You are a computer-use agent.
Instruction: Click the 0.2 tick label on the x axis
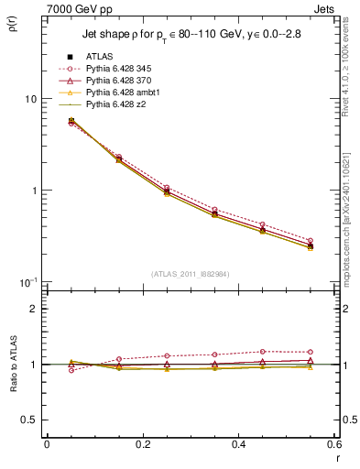[x=142, y=444]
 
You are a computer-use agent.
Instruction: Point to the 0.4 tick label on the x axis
[x=238, y=444]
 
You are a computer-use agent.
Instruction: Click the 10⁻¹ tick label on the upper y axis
[x=27, y=281]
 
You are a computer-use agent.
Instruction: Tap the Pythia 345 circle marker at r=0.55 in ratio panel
[x=311, y=352]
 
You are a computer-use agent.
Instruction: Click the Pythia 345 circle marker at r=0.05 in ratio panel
[x=71, y=370]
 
